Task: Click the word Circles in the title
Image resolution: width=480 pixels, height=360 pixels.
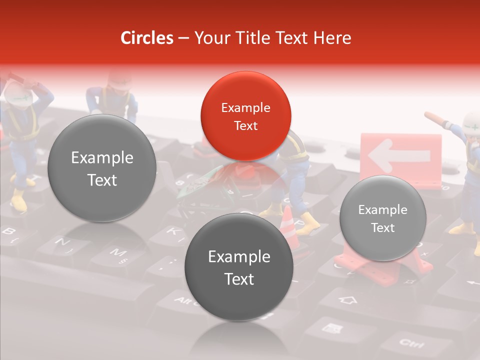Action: click(x=147, y=38)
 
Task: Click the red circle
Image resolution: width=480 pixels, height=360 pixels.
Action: click(x=245, y=116)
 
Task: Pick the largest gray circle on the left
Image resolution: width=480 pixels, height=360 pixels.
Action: click(x=102, y=168)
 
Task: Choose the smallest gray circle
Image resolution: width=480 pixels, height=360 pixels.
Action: click(x=382, y=218)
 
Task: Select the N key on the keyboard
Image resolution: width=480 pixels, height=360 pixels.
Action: click(x=63, y=243)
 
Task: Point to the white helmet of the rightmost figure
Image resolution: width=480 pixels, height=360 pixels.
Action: click(x=471, y=121)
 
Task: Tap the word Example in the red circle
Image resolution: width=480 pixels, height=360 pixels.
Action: click(x=245, y=107)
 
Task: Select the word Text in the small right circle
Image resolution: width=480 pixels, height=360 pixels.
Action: click(x=382, y=227)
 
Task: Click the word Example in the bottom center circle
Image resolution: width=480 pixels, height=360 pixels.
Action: click(x=239, y=256)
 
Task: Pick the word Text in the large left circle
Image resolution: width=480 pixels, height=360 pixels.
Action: click(x=102, y=180)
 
